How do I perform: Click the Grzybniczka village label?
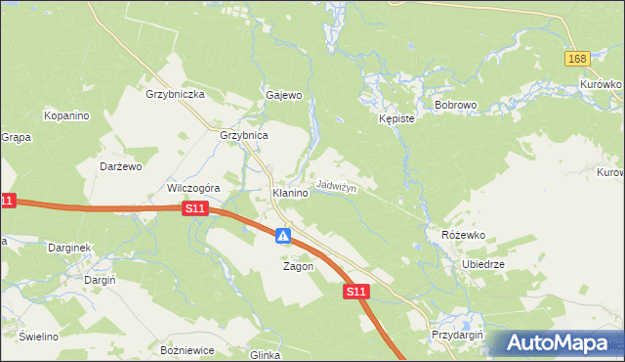tap(174, 95)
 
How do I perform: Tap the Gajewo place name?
tap(284, 95)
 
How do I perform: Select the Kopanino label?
tap(66, 115)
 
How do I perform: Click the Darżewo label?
tap(123, 166)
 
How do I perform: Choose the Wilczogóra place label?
tap(194, 188)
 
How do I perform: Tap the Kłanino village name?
tap(290, 194)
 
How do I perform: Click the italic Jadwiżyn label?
tap(337, 186)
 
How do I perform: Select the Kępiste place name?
tap(397, 118)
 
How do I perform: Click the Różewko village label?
tap(463, 236)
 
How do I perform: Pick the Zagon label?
tap(298, 266)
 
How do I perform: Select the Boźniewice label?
tap(186, 349)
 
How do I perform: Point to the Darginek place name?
tap(69, 248)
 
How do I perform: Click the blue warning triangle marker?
tap(282, 236)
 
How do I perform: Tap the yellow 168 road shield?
tap(576, 60)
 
